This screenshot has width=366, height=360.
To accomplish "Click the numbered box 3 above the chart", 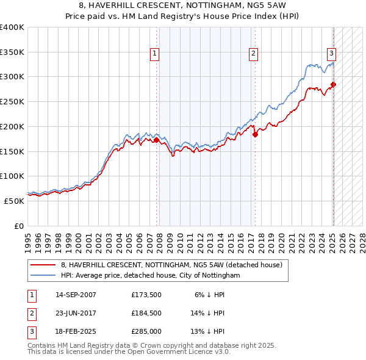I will point(331,53).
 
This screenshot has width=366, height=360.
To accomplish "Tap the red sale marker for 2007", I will point(157,140).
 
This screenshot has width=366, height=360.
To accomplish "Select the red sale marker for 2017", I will point(255,135).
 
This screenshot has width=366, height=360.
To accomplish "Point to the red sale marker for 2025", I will point(334,84).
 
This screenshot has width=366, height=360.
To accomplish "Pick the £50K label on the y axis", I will point(14,201).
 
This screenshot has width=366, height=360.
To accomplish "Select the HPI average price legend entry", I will point(150,276).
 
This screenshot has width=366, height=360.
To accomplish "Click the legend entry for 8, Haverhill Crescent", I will point(171,265).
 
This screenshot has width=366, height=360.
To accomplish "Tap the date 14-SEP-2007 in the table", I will point(76,295).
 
